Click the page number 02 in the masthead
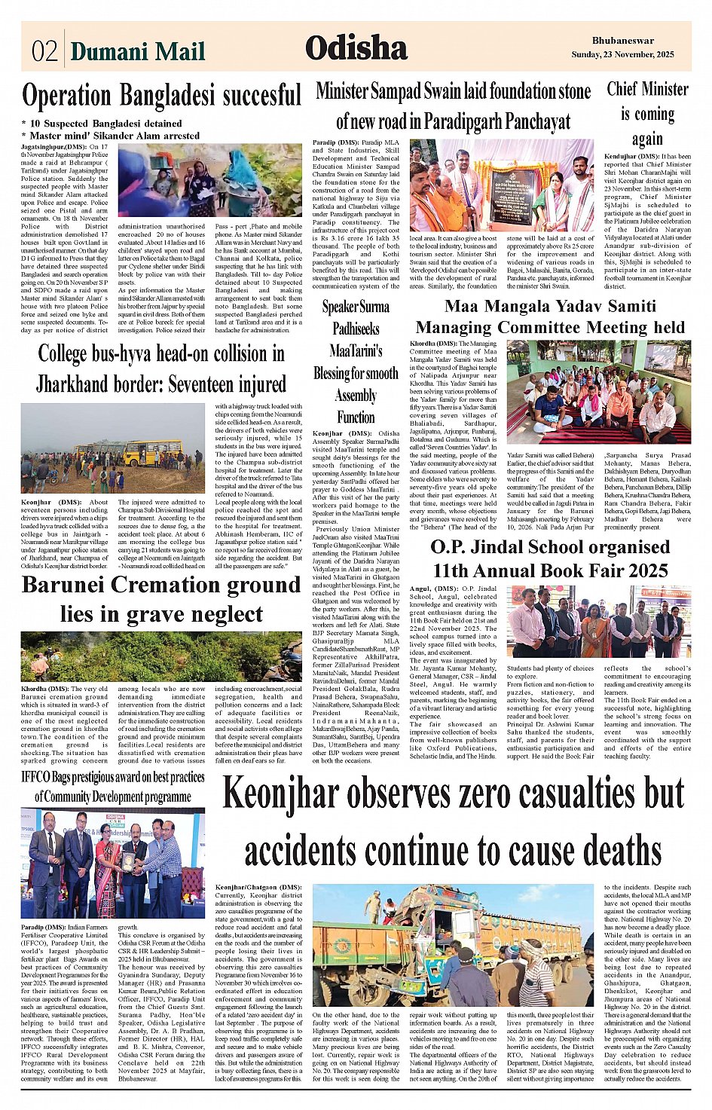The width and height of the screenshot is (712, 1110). click(44, 51)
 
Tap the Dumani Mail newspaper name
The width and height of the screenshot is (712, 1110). click(137, 51)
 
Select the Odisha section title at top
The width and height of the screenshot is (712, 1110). click(356, 49)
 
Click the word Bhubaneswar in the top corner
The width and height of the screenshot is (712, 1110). click(622, 41)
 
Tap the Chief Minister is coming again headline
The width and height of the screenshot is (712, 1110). click(647, 114)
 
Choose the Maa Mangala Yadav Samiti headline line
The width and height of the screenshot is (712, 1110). click(550, 306)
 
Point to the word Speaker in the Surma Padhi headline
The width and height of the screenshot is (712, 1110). click(344, 307)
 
